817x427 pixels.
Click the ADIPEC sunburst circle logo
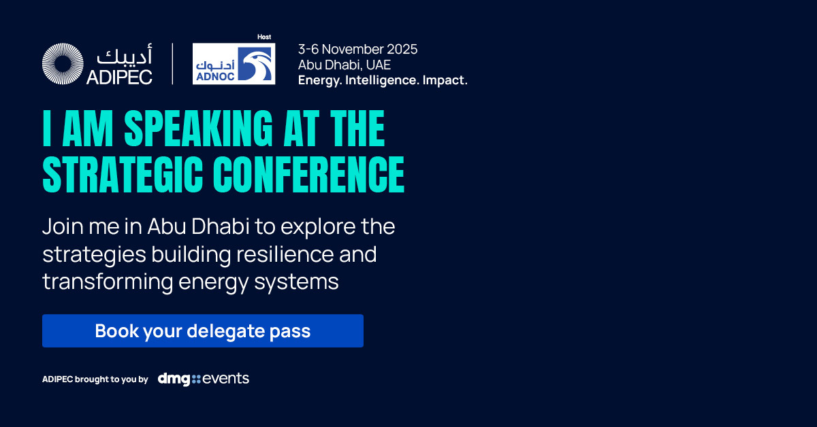click(x=63, y=64)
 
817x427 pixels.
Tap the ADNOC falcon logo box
click(x=234, y=64)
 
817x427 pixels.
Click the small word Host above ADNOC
click(x=264, y=37)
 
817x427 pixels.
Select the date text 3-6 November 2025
click(x=358, y=49)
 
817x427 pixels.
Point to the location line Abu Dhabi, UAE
click(x=345, y=65)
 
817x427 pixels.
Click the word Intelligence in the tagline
click(x=381, y=80)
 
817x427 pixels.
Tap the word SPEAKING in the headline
click(x=198, y=129)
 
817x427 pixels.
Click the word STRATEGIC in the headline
click(x=123, y=174)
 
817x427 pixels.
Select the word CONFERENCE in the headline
click(x=309, y=174)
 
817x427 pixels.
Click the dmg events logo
click(x=203, y=379)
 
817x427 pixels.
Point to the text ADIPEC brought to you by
click(x=95, y=379)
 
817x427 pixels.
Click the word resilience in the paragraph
click(x=285, y=254)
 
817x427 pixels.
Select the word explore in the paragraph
click(x=318, y=227)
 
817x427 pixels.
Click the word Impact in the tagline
click(x=445, y=80)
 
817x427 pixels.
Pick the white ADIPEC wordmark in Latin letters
click(x=119, y=78)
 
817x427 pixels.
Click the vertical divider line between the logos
click(x=172, y=64)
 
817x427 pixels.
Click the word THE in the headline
click(x=357, y=129)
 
